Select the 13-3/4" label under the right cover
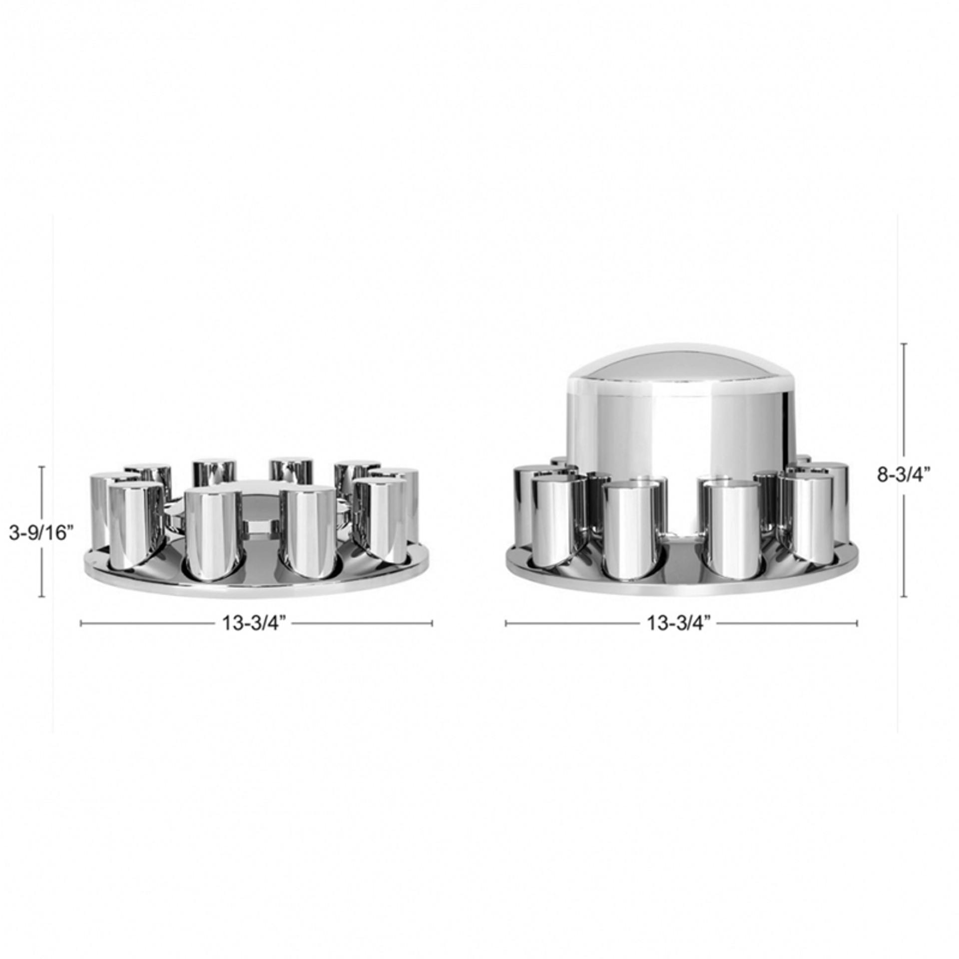click(679, 623)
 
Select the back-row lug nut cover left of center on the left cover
click(214, 472)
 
